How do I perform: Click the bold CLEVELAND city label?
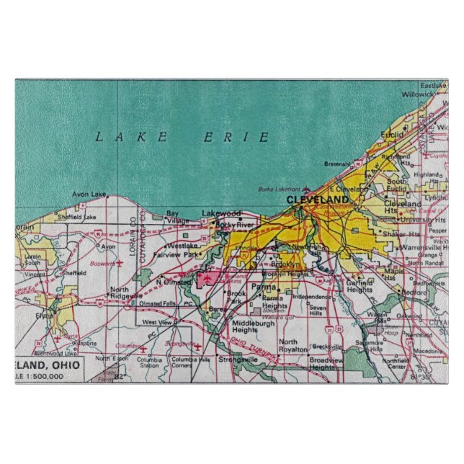coord(317,200)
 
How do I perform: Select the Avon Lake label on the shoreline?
coord(89,194)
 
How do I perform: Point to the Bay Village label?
coord(172,217)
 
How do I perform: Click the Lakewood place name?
coord(221,213)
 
